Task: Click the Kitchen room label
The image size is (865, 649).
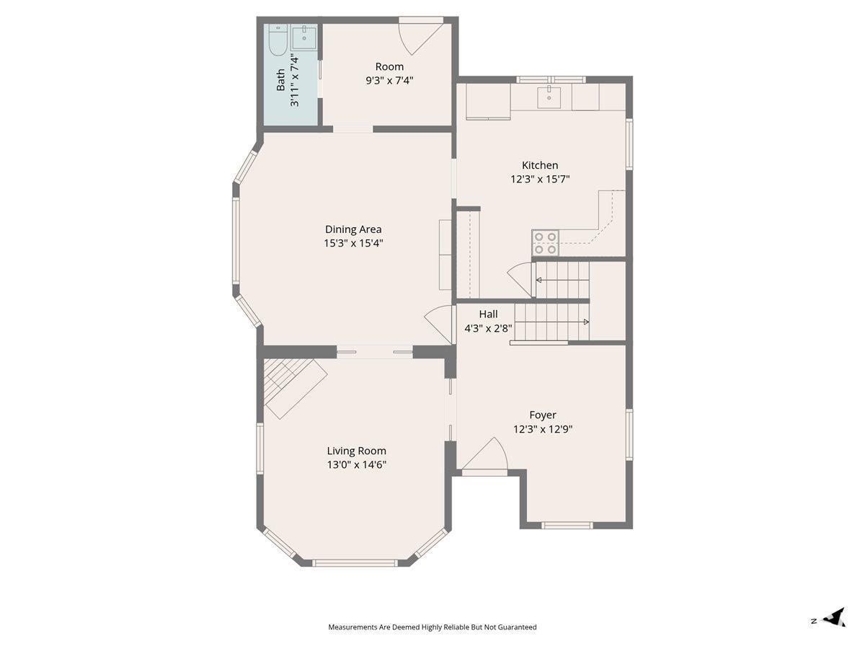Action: (539, 165)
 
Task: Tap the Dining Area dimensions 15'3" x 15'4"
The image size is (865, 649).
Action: (353, 243)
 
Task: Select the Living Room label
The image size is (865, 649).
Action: (356, 451)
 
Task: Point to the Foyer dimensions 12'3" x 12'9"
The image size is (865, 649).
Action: (542, 429)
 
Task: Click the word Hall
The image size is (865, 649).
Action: (488, 314)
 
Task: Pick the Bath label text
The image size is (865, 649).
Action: (280, 80)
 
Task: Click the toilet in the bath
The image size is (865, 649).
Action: (278, 40)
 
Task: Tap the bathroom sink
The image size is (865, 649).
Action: (304, 37)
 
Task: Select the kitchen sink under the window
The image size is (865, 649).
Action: (549, 97)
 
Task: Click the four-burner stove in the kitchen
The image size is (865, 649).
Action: (545, 242)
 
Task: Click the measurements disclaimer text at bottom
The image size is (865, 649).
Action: (432, 627)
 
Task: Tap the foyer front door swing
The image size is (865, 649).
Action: (485, 456)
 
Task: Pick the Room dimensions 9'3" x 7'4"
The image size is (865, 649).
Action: (389, 81)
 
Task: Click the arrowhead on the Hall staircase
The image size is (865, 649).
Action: (586, 322)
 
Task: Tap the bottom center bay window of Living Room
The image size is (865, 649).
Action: (355, 562)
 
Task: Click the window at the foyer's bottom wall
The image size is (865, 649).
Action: (567, 525)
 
